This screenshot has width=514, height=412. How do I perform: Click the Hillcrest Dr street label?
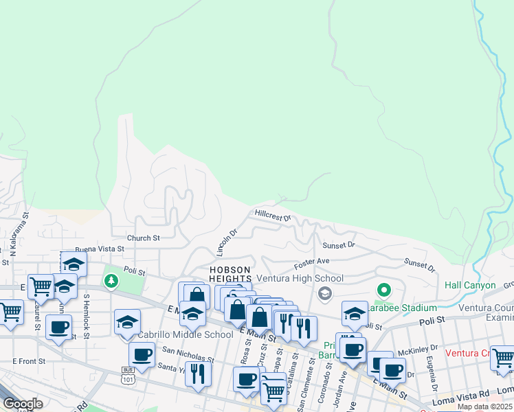pos(273,216)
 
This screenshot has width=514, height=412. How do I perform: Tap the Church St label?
pos(143,238)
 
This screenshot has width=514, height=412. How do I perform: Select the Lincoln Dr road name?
pos(226,240)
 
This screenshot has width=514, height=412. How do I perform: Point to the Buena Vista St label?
pos(100,249)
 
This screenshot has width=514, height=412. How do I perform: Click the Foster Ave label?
pos(312,262)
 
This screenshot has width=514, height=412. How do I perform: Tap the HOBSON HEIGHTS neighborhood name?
pos(230,274)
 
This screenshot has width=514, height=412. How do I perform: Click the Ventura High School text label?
pos(300,279)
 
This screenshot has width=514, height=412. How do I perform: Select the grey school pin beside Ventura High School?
pos(325,294)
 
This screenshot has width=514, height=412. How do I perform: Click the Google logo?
pos(23,404)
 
